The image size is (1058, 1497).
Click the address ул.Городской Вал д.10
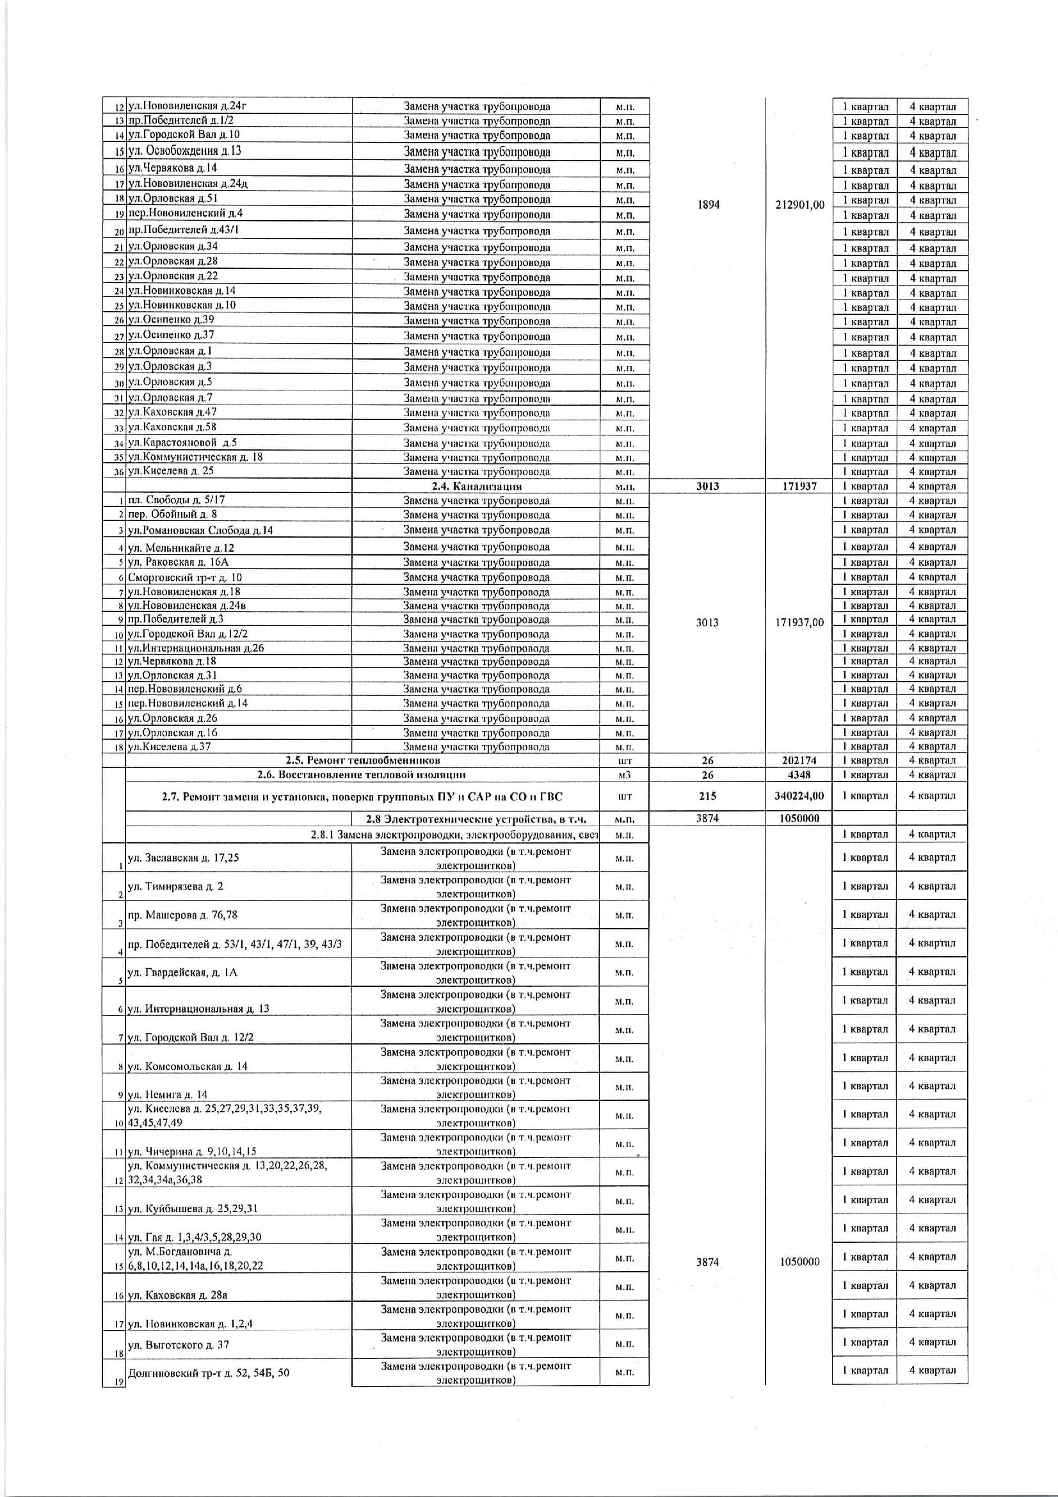pos(184,135)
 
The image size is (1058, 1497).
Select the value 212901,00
pos(799,205)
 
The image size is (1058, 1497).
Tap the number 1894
pos(708,205)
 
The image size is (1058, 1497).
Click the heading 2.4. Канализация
pos(477,486)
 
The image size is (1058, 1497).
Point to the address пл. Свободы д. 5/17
pos(177,500)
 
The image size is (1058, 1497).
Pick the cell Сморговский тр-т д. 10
pos(185,577)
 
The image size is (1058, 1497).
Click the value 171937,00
pos(799,622)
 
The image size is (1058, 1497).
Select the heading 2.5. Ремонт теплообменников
pos(362,760)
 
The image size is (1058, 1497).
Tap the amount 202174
pos(799,760)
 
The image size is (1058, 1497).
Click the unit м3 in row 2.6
pos(625,775)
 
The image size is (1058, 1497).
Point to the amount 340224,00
pos(799,796)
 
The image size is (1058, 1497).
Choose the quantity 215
pos(707,796)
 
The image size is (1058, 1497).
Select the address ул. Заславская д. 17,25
pos(184,858)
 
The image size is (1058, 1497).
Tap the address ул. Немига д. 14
pos(168,1094)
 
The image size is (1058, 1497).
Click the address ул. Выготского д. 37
pos(179,1345)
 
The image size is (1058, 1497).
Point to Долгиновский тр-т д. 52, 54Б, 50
pos(209,1373)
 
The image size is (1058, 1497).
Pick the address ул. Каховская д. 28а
pos(178,1295)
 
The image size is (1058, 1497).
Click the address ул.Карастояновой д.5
pos(182,443)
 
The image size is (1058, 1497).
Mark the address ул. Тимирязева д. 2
pos(175,886)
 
